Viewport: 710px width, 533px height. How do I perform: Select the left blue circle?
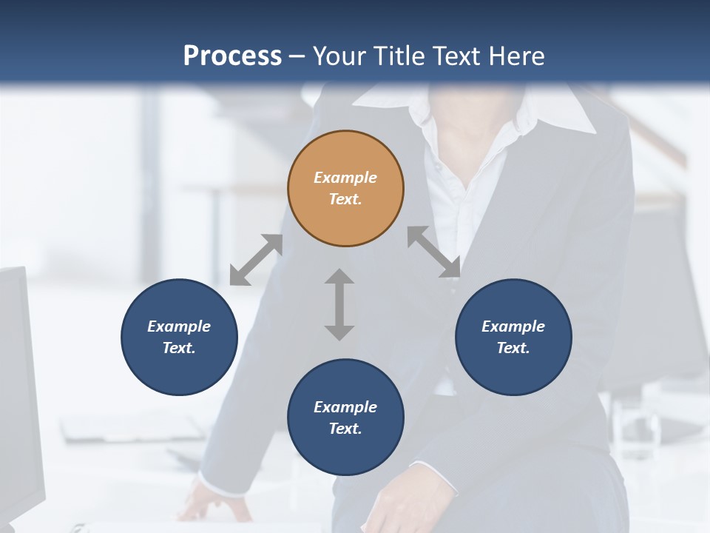pyautogui.click(x=179, y=337)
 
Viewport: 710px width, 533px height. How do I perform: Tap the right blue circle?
pyautogui.click(x=513, y=337)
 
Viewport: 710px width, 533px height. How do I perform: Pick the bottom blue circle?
pyautogui.click(x=345, y=417)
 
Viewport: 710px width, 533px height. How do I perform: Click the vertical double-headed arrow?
pyautogui.click(x=339, y=304)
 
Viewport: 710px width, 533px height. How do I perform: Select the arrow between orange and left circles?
pyautogui.click(x=256, y=260)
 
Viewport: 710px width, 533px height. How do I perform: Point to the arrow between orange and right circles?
pyautogui.click(x=433, y=252)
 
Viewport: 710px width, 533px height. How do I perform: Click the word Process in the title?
pyautogui.click(x=232, y=56)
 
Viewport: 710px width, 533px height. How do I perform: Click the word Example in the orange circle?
pyautogui.click(x=345, y=178)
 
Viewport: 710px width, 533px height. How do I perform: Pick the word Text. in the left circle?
pyautogui.click(x=179, y=348)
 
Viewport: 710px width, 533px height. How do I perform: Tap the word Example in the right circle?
pyautogui.click(x=513, y=326)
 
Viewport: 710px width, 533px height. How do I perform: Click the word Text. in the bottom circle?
pyautogui.click(x=345, y=429)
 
